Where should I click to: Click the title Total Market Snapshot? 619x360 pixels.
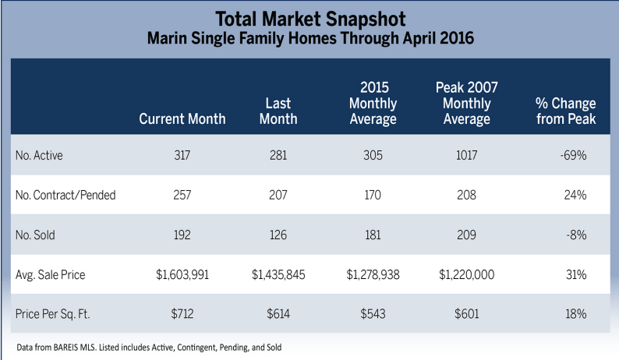coord(309,17)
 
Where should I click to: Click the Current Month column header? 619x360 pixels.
coord(182,119)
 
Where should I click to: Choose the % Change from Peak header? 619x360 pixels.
coord(565,111)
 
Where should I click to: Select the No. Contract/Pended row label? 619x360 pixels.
coord(65,195)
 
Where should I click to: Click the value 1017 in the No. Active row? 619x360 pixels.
coord(466,155)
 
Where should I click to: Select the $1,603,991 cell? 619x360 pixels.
coord(182,274)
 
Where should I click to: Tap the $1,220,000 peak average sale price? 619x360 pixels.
coord(466,274)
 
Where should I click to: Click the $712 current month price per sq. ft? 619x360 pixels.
coord(182,314)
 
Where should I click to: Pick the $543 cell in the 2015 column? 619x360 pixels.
coord(373,314)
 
